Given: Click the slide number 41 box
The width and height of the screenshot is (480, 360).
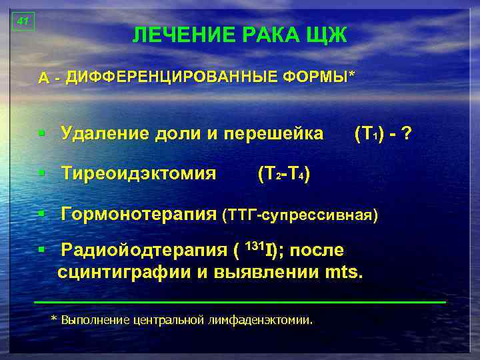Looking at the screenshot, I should tap(23, 22).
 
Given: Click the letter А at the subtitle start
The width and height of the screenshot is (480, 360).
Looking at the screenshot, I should tap(43, 78).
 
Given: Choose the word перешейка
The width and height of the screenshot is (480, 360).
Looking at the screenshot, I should tap(279, 133).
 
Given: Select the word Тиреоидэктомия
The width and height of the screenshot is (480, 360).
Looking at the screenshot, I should tap(139, 174).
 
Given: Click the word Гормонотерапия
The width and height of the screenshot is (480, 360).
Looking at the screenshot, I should tap(139, 215).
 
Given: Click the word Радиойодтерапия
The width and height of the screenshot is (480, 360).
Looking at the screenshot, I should tap(144, 251).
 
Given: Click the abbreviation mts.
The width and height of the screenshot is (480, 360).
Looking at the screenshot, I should tap(345, 272).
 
